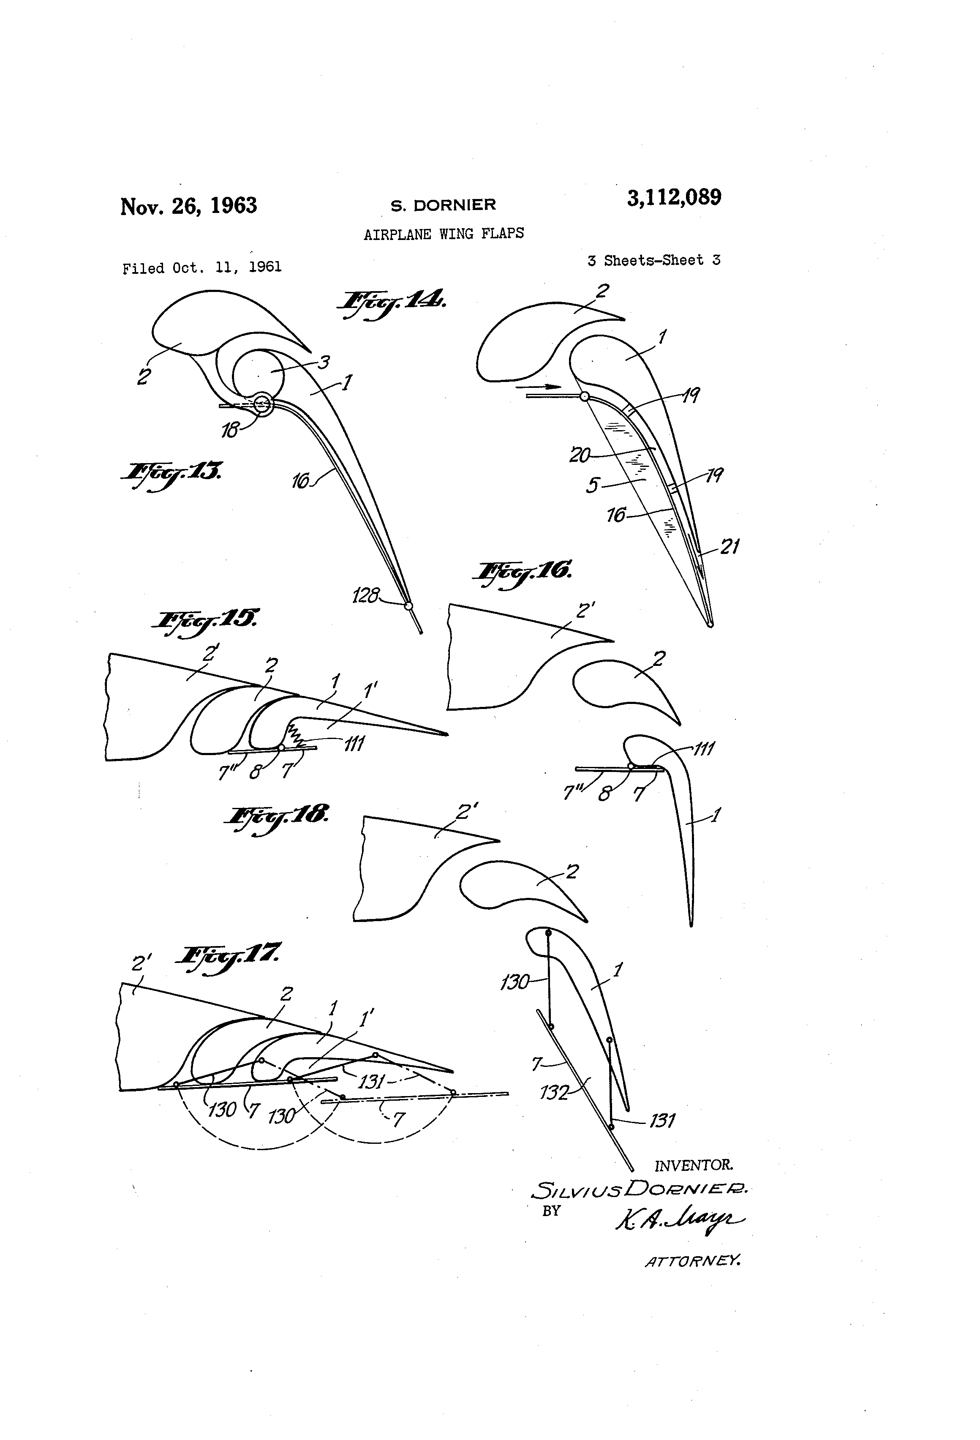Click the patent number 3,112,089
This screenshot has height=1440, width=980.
click(674, 198)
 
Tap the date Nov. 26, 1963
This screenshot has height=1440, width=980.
click(188, 206)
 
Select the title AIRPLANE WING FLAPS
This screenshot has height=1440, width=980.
click(444, 234)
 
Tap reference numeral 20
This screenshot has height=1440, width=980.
click(580, 455)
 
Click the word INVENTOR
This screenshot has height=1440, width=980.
click(694, 1165)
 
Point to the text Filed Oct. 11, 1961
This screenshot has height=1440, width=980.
click(202, 268)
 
